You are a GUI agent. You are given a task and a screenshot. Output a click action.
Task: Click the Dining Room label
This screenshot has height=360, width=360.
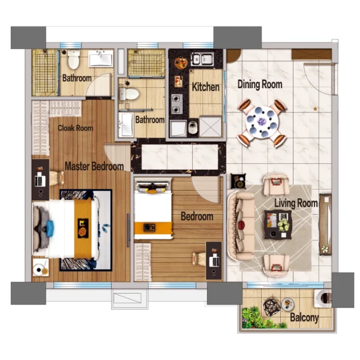[x=260, y=84]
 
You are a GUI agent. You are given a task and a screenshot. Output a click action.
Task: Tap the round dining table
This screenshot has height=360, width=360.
[x=262, y=122]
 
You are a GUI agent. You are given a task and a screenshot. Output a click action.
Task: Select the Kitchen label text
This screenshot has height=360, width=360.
[x=205, y=87]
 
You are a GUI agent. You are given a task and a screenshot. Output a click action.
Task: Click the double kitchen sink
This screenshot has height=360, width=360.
[x=202, y=59]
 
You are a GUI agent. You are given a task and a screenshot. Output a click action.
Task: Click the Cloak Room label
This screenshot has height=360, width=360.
[x=75, y=128]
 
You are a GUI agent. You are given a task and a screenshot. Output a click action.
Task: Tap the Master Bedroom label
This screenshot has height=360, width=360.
[x=94, y=166]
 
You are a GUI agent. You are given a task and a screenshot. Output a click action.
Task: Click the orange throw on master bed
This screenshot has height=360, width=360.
[x=82, y=228]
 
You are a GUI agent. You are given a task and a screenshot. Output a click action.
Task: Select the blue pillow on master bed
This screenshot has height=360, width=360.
[x=50, y=228]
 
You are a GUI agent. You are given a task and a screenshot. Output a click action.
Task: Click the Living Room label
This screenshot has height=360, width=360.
[x=296, y=203]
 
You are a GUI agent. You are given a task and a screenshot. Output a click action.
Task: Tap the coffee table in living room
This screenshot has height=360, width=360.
[x=278, y=225]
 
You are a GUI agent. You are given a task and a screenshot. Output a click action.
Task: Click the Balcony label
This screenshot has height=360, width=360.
[x=304, y=317]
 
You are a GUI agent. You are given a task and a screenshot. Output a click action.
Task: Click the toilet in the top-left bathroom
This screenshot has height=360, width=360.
[x=74, y=59]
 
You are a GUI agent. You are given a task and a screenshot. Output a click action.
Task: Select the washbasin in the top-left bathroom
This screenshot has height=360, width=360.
[x=101, y=58]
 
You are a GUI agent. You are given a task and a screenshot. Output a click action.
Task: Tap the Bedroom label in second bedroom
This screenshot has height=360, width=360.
[x=197, y=216]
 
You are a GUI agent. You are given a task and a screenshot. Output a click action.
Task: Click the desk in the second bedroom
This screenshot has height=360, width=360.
[x=214, y=261]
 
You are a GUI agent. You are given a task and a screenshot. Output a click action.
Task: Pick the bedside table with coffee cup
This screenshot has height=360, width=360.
[x=41, y=267]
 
